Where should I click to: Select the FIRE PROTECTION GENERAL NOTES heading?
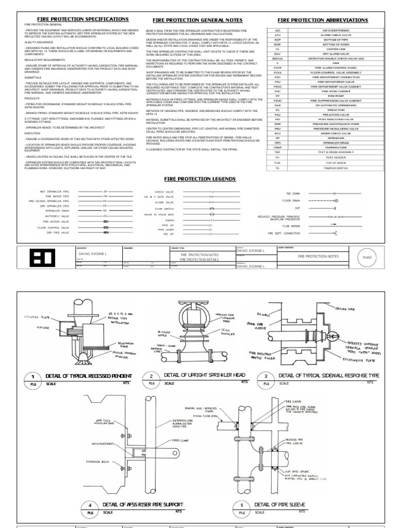[197, 20]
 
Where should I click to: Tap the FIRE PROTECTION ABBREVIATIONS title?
[323, 20]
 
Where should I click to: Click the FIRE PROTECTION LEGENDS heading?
[200, 178]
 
